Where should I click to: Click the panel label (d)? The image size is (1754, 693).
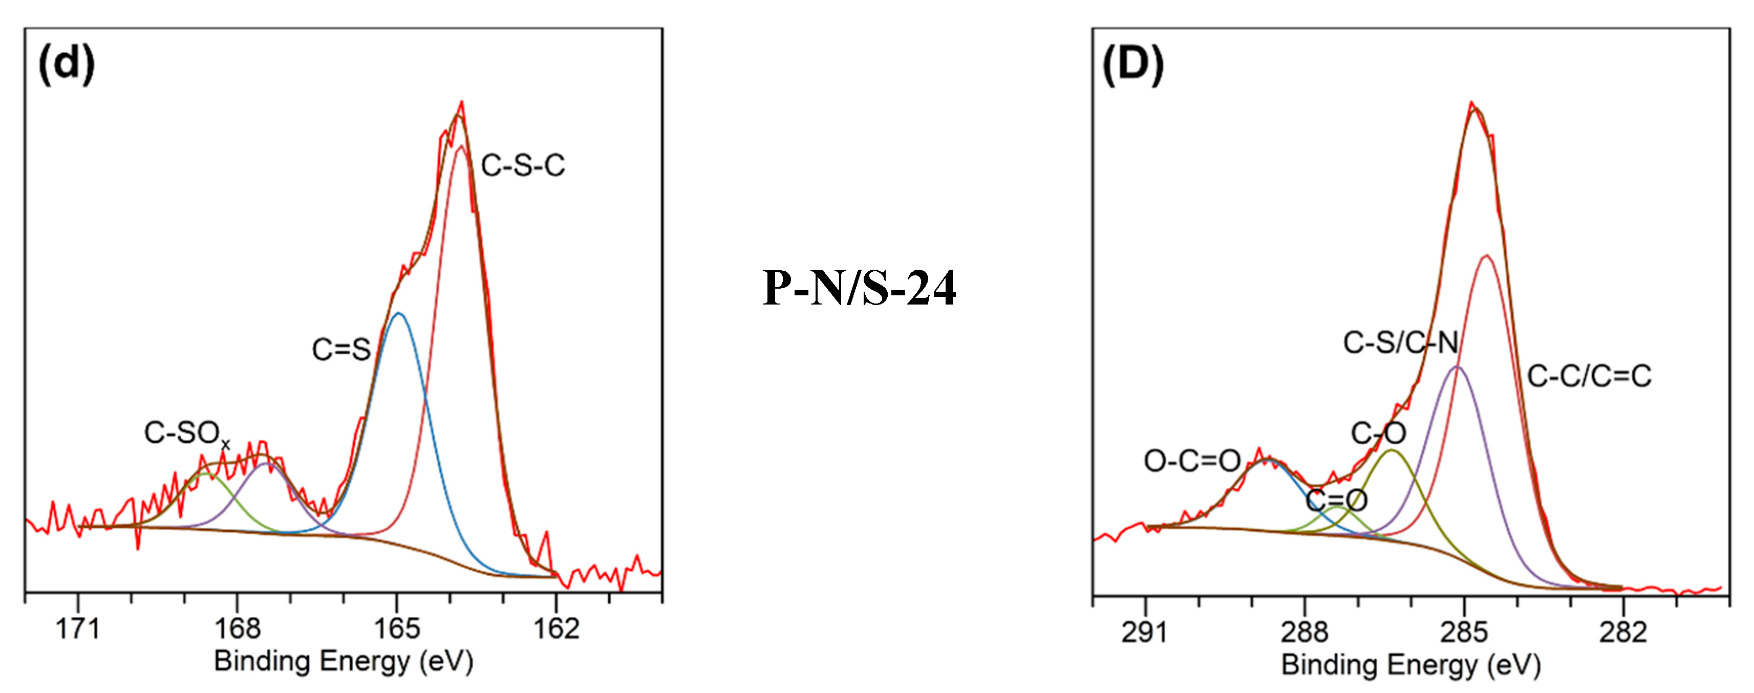[66, 64]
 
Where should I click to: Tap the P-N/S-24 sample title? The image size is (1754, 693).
[859, 288]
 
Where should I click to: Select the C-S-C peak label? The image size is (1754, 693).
[523, 165]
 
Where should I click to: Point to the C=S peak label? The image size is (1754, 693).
[341, 349]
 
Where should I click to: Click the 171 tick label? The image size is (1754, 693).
[78, 629]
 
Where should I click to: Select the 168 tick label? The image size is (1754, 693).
[237, 629]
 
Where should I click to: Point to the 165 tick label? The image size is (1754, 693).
[396, 629]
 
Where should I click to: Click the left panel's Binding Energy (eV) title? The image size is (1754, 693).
[343, 661]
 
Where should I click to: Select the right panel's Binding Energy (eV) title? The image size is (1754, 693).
[1411, 664]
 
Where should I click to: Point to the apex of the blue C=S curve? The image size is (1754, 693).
[399, 313]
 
